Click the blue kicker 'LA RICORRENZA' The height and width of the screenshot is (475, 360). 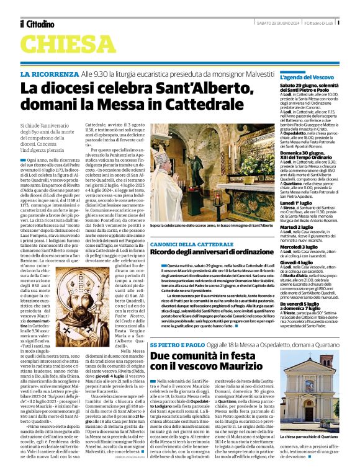46,74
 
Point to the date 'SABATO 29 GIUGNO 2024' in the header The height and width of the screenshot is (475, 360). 280,23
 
